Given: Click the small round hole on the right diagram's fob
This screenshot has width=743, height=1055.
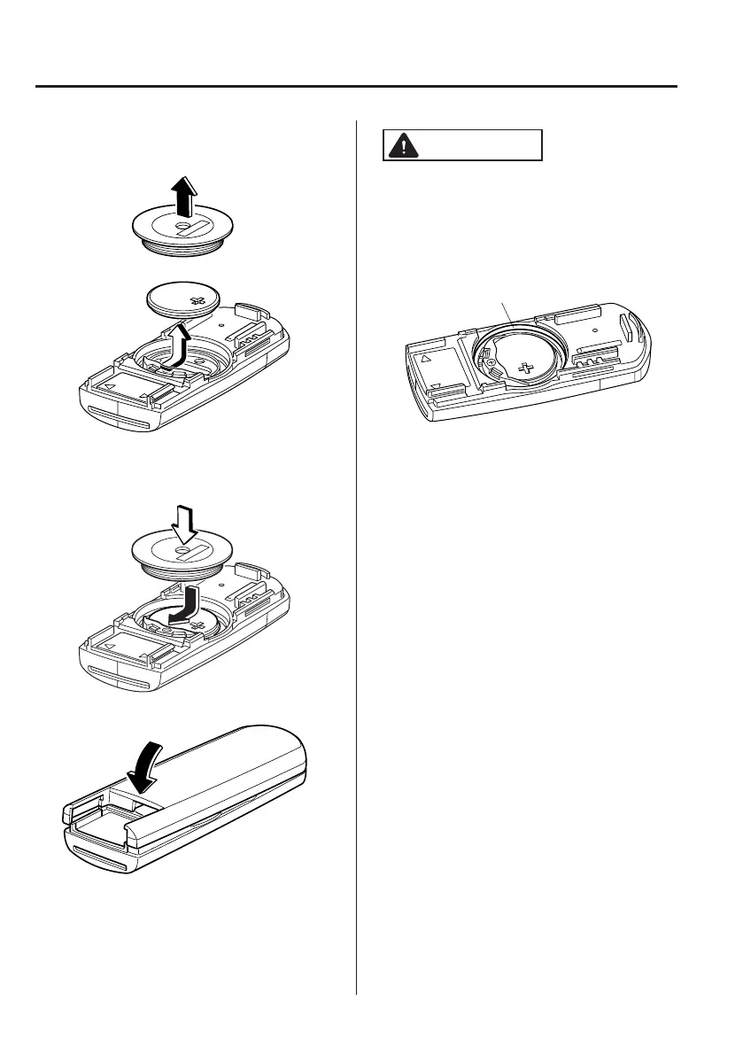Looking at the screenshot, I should pyautogui.click(x=594, y=330).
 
